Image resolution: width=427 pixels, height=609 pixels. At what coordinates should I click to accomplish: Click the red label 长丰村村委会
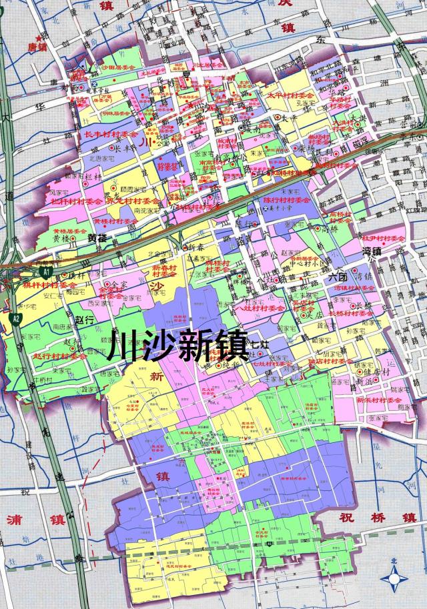[x=111, y=134]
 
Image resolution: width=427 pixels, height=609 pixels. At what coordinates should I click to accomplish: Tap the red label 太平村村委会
[x=291, y=95]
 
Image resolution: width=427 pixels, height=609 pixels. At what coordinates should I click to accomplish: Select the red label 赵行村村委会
[x=61, y=356]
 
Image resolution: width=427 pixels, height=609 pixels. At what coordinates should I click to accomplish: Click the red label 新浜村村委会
[x=380, y=400]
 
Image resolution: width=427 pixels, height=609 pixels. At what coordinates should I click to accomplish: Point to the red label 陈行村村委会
[x=287, y=199]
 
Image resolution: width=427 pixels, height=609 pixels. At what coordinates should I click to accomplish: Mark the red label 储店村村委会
[x=330, y=362]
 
